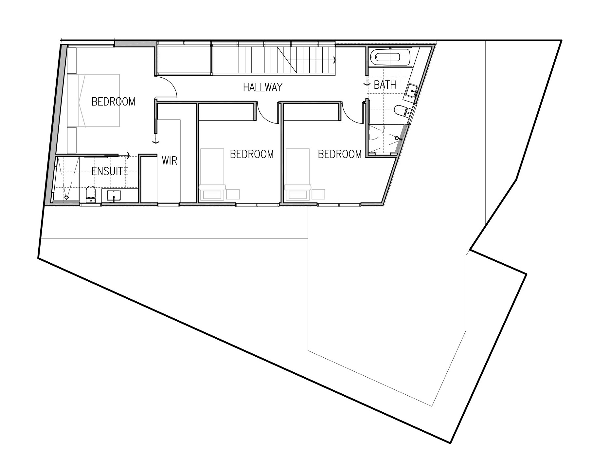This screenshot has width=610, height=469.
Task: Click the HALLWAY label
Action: coord(262,87)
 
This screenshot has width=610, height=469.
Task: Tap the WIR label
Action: coord(170,160)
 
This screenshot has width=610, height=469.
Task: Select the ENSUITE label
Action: coord(110,171)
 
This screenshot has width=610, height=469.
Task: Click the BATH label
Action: coord(385,85)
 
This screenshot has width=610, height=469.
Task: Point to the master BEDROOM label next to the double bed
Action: coord(113,102)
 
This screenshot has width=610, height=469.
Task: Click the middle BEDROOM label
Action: coord(252,154)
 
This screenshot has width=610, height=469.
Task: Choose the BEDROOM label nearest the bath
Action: coord(340,154)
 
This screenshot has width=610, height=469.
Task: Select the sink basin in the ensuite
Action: coord(114,195)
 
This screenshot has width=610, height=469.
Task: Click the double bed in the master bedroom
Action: coord(94,100)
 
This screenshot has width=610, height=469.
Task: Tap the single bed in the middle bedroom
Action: coord(212,174)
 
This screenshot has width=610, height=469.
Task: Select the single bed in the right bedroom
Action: coord(297,174)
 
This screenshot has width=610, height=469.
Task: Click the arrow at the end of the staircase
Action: coord(334,60)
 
